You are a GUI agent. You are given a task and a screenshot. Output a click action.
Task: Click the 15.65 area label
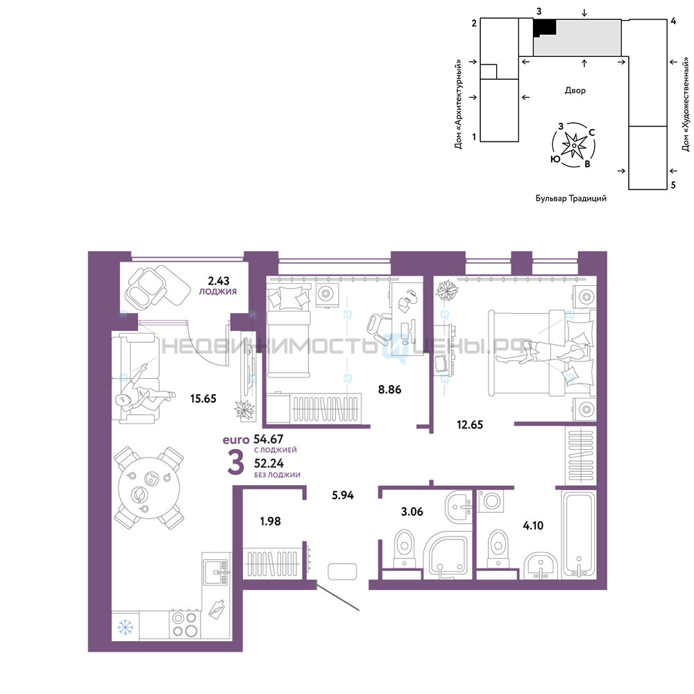(203, 399)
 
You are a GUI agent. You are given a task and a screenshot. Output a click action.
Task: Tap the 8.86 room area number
(389, 389)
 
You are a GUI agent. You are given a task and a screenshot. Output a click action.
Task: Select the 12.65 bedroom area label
(470, 425)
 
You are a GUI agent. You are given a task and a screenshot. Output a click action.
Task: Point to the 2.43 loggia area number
(219, 280)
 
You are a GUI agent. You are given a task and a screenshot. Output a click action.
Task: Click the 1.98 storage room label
(271, 521)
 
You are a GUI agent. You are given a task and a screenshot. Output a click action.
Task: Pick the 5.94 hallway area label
(343, 496)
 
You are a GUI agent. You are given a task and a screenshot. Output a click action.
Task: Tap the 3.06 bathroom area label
(412, 511)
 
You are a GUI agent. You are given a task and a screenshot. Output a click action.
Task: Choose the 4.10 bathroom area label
(533, 526)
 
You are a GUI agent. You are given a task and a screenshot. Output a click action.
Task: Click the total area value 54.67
(268, 439)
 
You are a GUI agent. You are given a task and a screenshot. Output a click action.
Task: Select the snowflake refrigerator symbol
(125, 627)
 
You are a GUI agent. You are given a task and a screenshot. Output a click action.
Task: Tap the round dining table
(149, 488)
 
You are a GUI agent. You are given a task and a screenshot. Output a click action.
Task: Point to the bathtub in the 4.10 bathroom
(579, 534)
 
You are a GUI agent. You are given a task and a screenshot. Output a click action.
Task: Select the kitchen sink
(217, 573)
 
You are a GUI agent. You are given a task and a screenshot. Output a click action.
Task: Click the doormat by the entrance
(342, 571)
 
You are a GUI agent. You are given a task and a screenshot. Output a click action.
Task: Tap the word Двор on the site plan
(575, 90)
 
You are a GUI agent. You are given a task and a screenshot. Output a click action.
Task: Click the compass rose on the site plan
(574, 145)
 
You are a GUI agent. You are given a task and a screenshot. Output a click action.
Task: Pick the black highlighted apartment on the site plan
(544, 28)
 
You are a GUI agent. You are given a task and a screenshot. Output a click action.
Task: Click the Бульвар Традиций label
(571, 198)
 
